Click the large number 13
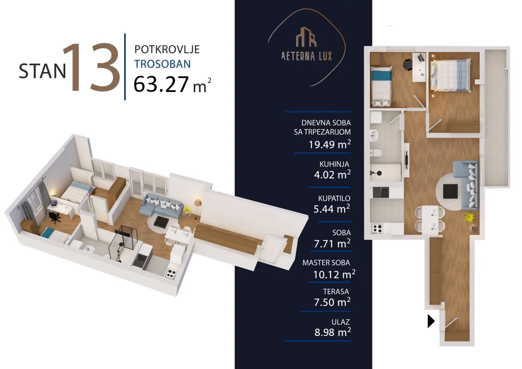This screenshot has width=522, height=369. click(92, 67)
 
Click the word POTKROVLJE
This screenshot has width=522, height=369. click(167, 49)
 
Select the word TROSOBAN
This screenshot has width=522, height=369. click(163, 64)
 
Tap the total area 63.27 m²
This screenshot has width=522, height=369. click(173, 84)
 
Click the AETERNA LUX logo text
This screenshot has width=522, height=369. click(306, 56)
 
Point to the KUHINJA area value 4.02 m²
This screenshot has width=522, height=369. click(332, 174)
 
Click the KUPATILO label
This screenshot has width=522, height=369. click(334, 198)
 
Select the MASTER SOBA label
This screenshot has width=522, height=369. click(326, 263)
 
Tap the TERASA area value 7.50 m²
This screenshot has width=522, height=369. click(332, 302)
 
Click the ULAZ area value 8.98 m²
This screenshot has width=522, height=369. click(333, 332)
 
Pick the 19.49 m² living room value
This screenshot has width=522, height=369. click(330, 145)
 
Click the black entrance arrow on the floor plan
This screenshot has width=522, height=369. click(431, 321)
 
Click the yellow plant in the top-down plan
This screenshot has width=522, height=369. click(470, 217)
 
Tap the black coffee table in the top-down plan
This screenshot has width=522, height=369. click(451, 191)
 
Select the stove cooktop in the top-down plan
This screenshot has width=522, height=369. click(377, 229)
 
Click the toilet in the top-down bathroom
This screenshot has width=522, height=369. click(376, 153)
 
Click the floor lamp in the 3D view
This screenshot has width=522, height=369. click(197, 209)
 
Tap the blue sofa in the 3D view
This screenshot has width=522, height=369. click(161, 206)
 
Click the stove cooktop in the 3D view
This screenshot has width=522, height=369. click(171, 273)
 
